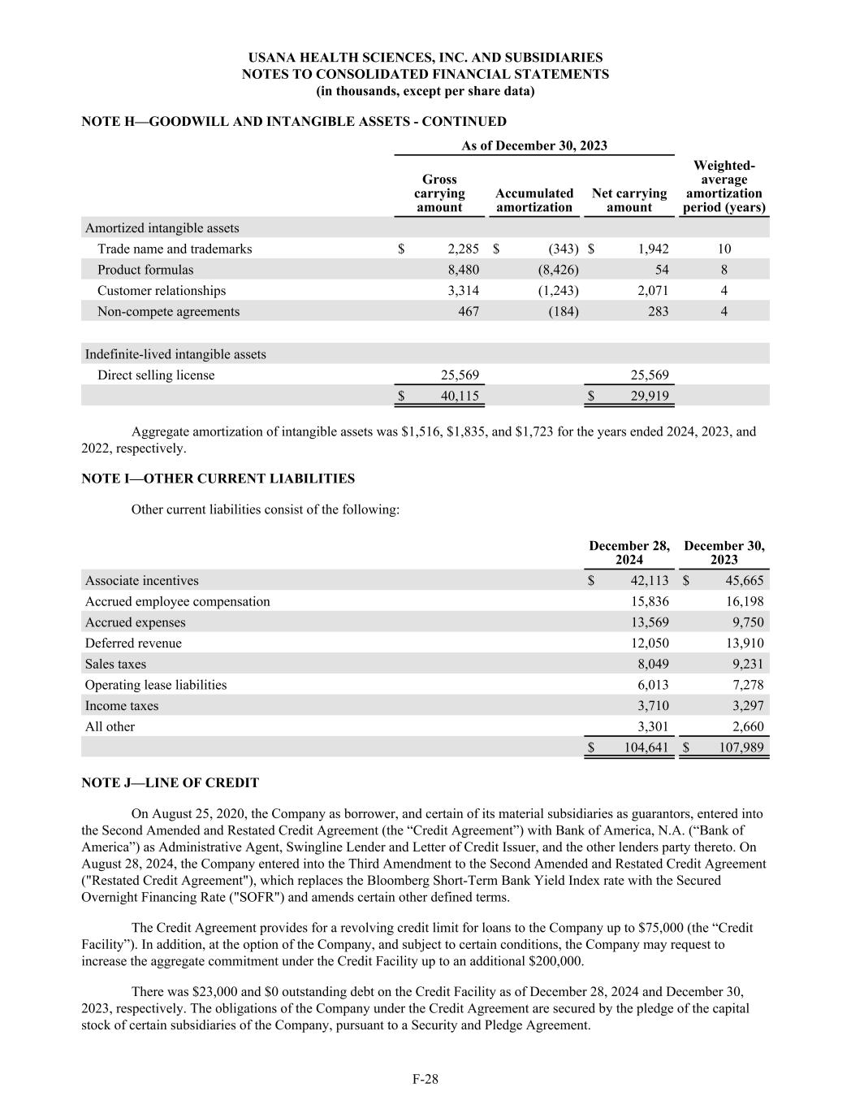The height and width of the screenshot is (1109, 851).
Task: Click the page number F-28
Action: (x=425, y=1079)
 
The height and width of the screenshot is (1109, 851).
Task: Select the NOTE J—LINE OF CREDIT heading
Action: (x=171, y=783)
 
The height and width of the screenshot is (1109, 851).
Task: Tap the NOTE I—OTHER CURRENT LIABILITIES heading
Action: (x=218, y=479)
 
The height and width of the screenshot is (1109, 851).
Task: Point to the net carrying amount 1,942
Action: (x=652, y=249)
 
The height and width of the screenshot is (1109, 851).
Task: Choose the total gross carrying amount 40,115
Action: (x=459, y=396)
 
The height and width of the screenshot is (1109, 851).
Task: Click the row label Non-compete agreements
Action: (x=168, y=311)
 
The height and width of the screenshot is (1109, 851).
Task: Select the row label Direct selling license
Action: (x=156, y=375)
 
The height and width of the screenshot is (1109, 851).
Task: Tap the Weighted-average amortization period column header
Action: (x=724, y=187)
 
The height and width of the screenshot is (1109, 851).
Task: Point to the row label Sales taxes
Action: (x=115, y=664)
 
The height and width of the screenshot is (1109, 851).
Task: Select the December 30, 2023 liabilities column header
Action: (x=724, y=552)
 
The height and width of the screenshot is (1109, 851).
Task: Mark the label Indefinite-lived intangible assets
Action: (x=175, y=354)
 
